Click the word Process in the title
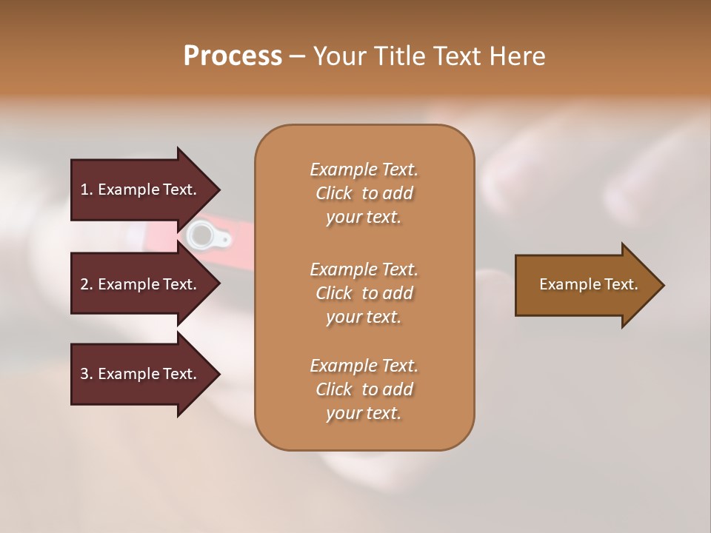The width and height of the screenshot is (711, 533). (233, 56)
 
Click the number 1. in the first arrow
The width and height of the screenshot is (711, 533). (87, 190)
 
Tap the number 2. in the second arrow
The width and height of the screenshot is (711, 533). (87, 284)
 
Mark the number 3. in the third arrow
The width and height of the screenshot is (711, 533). (87, 375)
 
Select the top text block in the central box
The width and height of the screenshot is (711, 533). (364, 193)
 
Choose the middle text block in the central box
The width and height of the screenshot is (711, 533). (364, 292)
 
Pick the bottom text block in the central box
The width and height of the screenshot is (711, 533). (364, 389)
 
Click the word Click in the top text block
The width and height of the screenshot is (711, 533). (333, 193)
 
